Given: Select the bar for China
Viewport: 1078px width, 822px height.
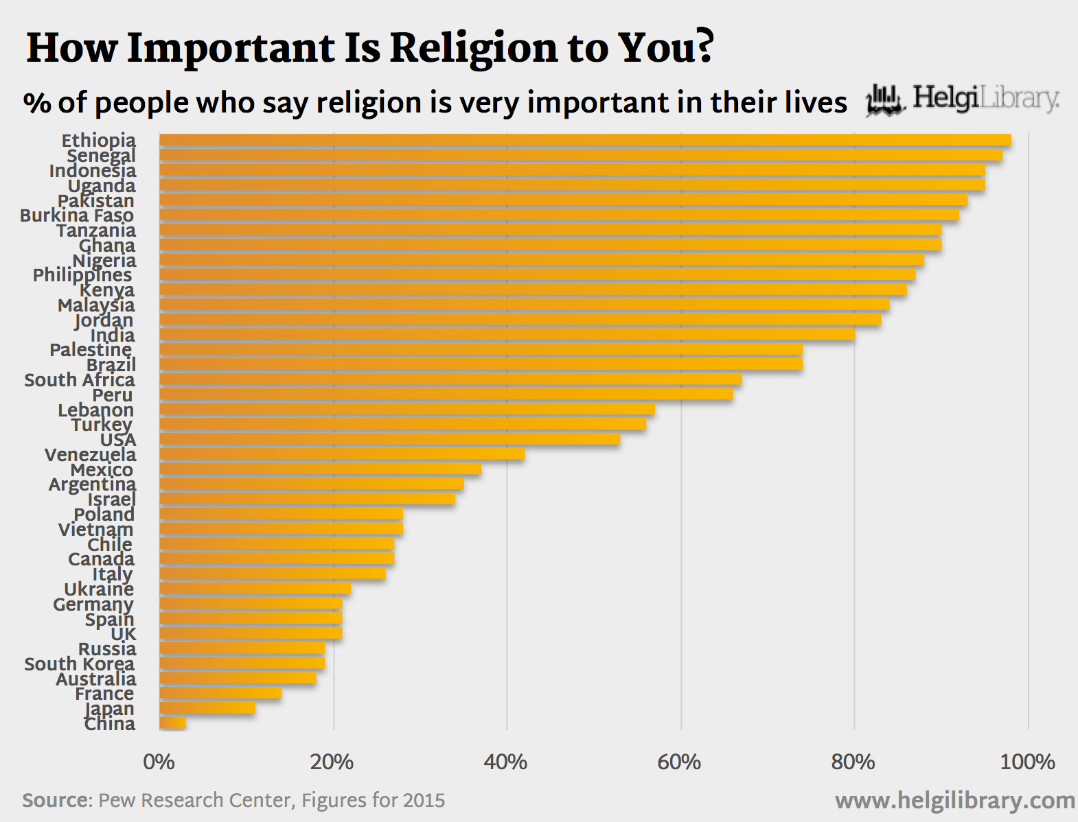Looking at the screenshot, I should pos(173,723).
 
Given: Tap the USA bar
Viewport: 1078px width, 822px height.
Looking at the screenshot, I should pos(389,439).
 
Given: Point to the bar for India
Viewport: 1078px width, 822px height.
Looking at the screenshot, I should pos(507,334).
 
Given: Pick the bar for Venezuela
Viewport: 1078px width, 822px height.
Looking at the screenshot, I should pos(342,454).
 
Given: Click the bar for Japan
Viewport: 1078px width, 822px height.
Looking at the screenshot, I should pos(207,708).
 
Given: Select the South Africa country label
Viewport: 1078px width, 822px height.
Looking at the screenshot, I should pos(80,380).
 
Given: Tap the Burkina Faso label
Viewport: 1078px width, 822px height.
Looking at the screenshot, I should pos(77,215).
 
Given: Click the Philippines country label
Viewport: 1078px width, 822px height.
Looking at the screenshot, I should pos(82,275).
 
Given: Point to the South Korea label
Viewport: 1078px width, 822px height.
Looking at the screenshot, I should pos(80,664).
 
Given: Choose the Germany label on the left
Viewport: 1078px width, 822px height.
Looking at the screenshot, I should pos(93,604).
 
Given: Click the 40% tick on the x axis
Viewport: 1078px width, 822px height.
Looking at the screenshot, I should pos(505,762).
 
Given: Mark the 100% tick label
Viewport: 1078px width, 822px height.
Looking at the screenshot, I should pos(1027,762).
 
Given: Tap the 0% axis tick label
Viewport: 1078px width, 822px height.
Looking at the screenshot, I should pos(159,762).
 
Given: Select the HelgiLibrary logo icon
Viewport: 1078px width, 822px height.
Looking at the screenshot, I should pos(884,100).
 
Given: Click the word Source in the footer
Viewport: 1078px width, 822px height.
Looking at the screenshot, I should pos(56,801).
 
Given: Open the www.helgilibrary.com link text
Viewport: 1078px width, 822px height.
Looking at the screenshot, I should pos(954,801).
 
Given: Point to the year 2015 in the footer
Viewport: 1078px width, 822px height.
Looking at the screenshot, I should pos(424,801).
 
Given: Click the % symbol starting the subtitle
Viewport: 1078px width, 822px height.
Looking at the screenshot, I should pos(37,104).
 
